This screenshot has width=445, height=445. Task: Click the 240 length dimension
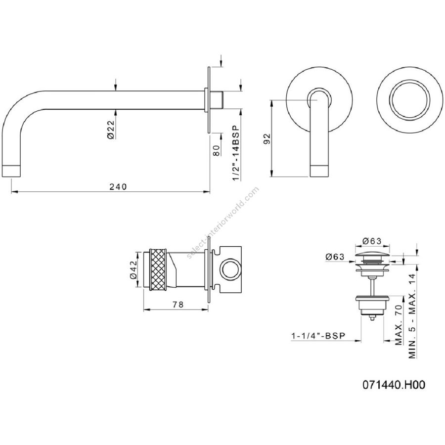pyautogui.click(x=118, y=187)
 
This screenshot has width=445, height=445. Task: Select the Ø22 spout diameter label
pyautogui.click(x=111, y=130)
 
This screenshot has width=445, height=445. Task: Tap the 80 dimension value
pyautogui.click(x=216, y=150)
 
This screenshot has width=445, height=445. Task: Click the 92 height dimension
pyautogui.click(x=267, y=138)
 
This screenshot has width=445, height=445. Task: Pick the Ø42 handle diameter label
pyautogui.click(x=133, y=269)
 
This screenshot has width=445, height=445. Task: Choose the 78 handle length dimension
pyautogui.click(x=178, y=305)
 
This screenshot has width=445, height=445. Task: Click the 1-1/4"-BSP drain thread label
pyautogui.click(x=318, y=336)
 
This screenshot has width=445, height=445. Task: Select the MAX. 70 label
pyautogui.click(x=399, y=325)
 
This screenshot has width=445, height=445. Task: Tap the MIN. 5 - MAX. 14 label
pyautogui.click(x=412, y=316)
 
